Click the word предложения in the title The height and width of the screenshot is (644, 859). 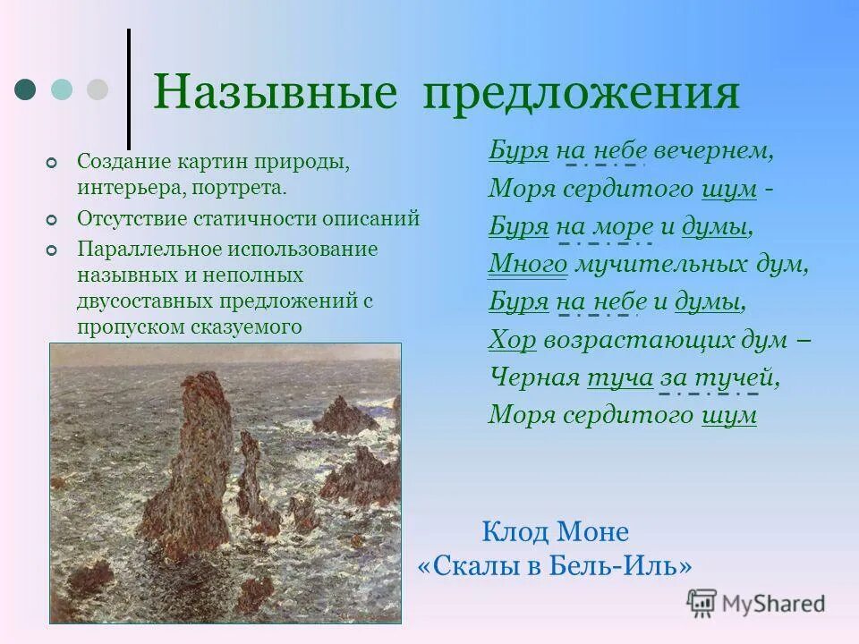click(x=582, y=94)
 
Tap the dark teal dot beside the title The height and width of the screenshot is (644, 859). click(x=27, y=89)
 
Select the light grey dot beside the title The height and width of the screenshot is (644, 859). click(x=97, y=89)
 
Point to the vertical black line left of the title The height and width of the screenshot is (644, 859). click(x=129, y=89)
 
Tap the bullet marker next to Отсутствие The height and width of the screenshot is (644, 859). click(x=51, y=219)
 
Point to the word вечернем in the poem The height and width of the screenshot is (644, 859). click(x=724, y=150)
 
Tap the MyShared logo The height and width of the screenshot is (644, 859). click(x=756, y=602)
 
